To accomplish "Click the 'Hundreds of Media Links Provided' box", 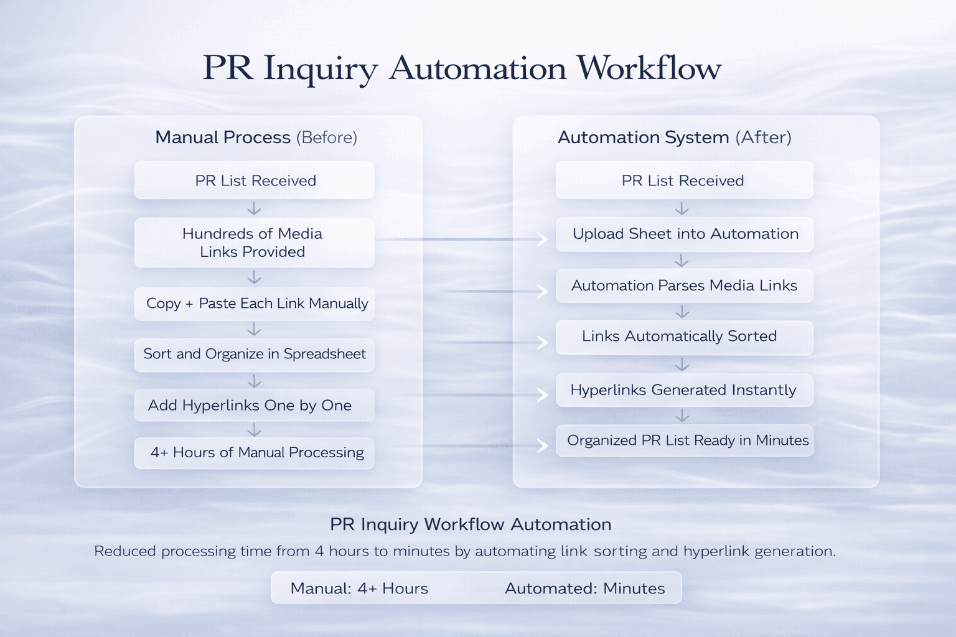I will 254,243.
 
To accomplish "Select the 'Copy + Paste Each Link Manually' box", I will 254,304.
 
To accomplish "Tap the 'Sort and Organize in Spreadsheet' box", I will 254,355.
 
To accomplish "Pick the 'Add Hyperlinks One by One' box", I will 254,406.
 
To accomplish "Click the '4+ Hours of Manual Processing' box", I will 254,453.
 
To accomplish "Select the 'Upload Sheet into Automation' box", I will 684,235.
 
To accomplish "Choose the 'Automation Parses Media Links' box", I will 684,286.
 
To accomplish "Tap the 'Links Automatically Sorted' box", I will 684,337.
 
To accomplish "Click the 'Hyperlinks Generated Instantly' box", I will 684,390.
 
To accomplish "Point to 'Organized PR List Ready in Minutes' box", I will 684,440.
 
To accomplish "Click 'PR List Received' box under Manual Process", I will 254,180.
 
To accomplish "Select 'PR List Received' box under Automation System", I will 684,180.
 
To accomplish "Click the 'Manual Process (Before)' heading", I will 256,137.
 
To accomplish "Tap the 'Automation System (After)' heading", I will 674,137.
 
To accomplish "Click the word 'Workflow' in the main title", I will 649,68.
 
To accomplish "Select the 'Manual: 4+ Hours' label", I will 359,588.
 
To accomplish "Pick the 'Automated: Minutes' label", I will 584,588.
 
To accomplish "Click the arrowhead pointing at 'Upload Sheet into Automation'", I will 543,239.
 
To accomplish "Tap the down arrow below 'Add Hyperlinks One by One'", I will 254,430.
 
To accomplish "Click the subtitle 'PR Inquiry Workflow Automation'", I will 471,524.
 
